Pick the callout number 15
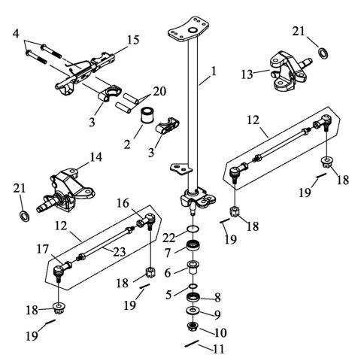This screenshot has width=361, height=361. click(x=132, y=39)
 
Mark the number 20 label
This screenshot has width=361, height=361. click(x=158, y=91)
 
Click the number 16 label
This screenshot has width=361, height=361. click(x=121, y=203)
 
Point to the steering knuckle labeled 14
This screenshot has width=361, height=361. click(x=71, y=187)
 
